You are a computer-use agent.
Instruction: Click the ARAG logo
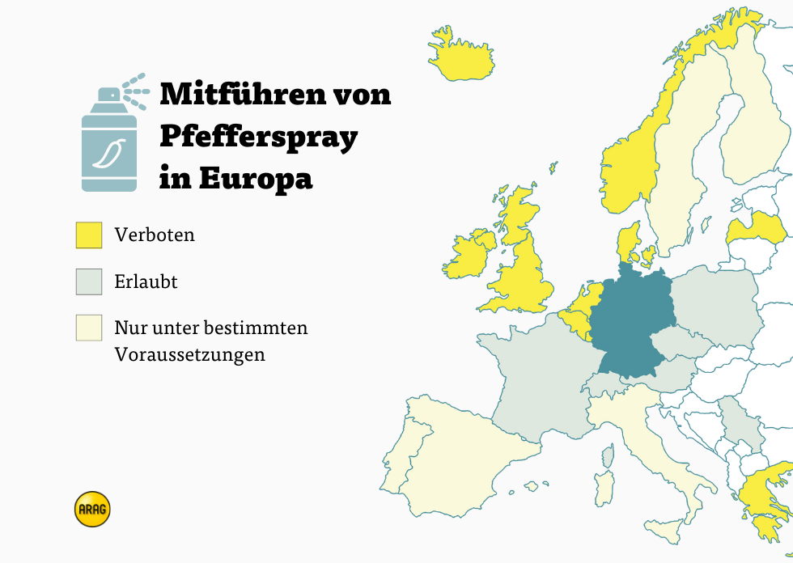pos(91,510)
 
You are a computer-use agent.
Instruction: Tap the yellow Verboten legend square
pos(89,235)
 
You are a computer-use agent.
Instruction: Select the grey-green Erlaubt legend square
pos(89,281)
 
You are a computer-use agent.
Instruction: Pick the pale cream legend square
pos(89,328)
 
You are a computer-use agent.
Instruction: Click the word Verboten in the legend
pos(155,235)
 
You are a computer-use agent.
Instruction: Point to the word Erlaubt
pos(146,281)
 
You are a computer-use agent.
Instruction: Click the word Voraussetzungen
pos(189,354)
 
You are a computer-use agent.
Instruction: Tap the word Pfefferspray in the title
pos(258,137)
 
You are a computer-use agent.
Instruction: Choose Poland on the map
pos(716,299)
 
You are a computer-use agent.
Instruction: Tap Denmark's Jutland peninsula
pos(627,243)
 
